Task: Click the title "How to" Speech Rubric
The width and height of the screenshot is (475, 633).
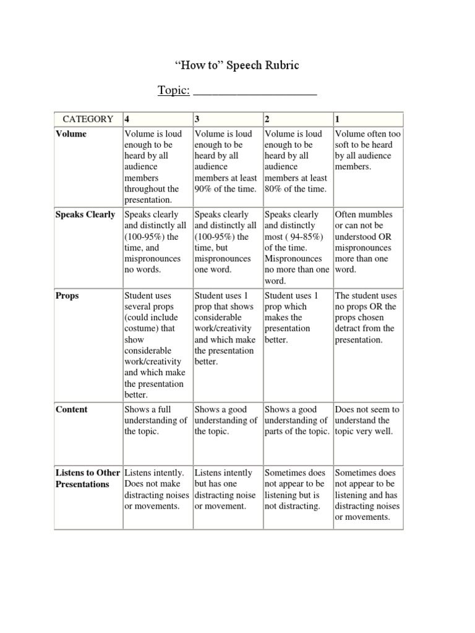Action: pos(237,66)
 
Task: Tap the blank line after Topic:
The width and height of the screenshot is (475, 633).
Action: pos(255,91)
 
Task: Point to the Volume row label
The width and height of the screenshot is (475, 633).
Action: pos(71,134)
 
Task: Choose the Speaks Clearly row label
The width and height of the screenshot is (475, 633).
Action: pos(85,215)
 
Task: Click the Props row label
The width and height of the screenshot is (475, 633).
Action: pos(67,296)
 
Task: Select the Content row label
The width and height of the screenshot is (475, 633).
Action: pos(71,409)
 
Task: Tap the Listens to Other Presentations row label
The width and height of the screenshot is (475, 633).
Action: pos(88,478)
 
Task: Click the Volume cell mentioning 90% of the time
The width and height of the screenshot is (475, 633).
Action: pos(227,161)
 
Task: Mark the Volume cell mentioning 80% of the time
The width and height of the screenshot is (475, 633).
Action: pos(297,161)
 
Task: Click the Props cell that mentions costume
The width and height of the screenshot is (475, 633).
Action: pos(157,345)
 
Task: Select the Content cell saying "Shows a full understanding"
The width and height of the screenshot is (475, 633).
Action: pos(157,420)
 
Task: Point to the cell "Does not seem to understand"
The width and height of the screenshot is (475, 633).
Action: pos(367,420)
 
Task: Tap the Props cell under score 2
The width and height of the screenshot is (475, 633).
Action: pos(297,318)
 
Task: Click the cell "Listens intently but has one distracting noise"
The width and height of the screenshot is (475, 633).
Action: pos(227,490)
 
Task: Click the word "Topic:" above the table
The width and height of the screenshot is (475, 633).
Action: pos(173,90)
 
